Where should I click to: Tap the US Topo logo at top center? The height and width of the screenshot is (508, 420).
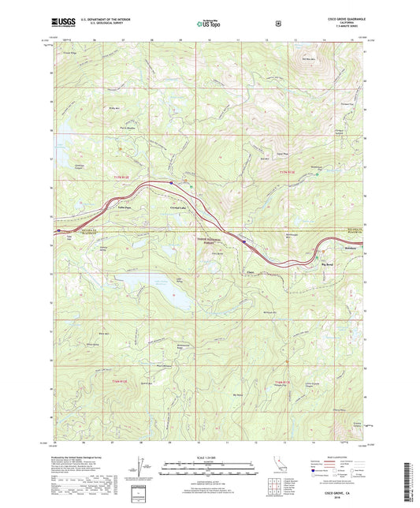pos(209,24)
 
